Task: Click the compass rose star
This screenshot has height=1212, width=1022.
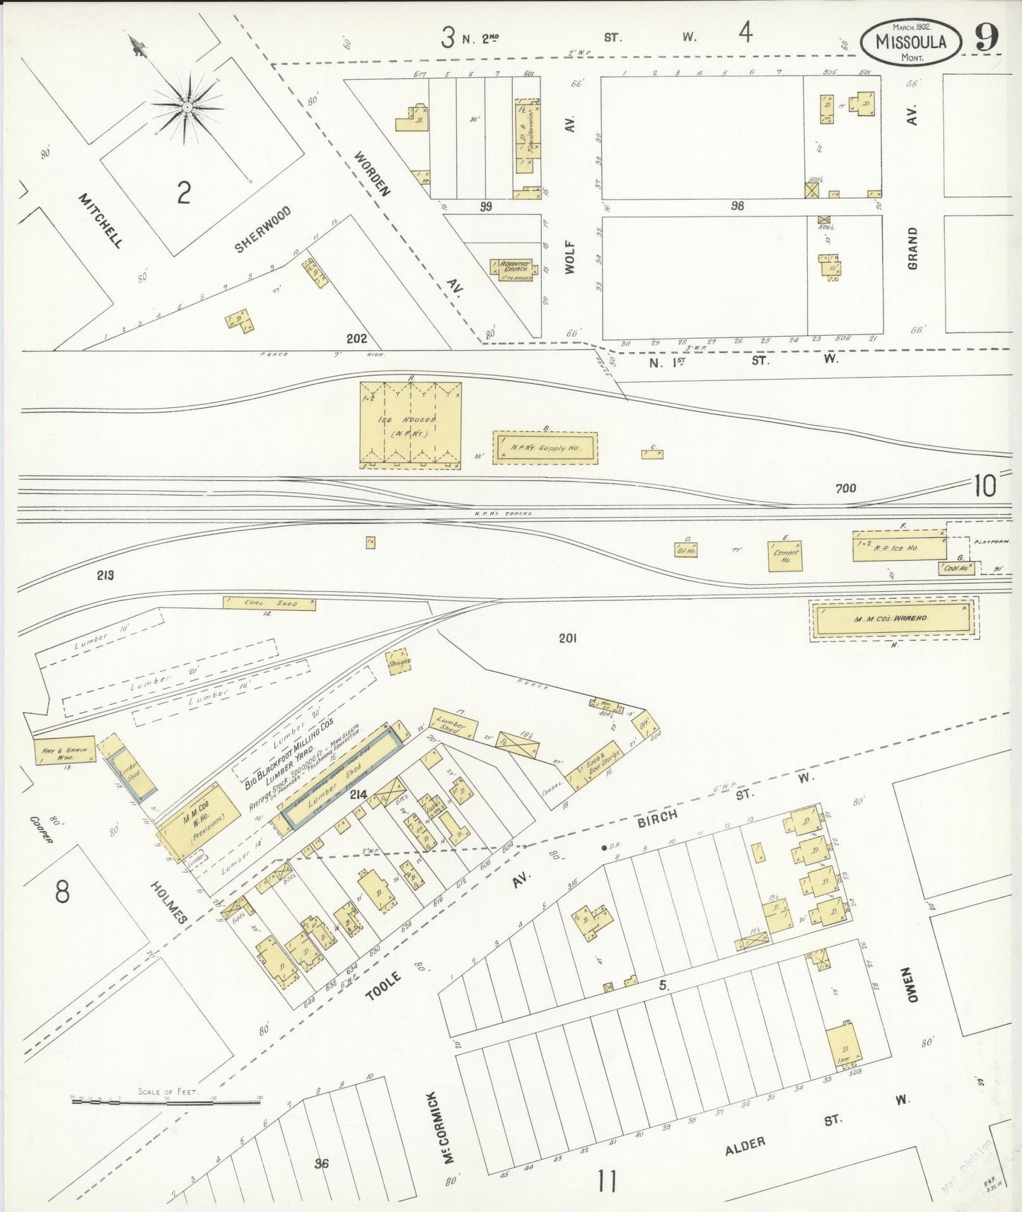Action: [187, 107]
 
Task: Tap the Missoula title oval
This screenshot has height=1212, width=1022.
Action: [910, 42]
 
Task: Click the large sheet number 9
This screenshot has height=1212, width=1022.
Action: [987, 37]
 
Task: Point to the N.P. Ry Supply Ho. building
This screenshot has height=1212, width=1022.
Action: [545, 448]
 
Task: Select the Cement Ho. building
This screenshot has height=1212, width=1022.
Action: [785, 557]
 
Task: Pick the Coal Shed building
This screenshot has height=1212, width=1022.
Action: [269, 603]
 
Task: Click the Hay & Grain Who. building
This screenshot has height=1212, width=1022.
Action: [65, 751]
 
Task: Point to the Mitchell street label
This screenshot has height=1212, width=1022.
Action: [100, 221]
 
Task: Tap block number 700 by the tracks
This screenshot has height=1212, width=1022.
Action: [845, 488]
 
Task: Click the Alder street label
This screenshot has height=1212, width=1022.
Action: [745, 1146]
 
